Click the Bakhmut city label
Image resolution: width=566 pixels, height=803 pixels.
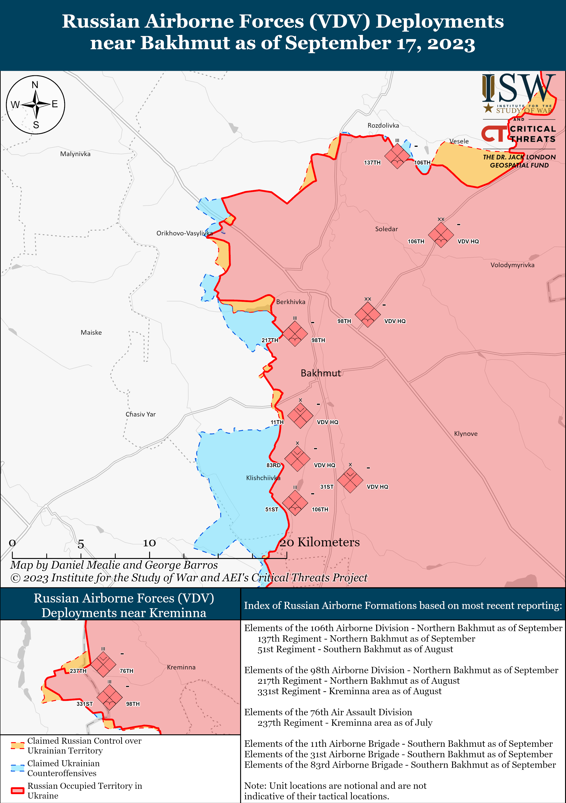[321, 373]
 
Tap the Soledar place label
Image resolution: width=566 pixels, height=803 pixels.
[386, 229]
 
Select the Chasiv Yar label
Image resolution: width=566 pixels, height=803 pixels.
[141, 414]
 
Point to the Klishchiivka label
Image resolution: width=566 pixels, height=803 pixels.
[263, 478]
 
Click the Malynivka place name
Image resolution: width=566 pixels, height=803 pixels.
[75, 154]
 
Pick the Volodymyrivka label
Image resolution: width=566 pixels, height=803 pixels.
[512, 265]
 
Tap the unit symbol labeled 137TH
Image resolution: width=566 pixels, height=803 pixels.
[397, 156]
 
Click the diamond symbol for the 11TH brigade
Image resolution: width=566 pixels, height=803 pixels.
[300, 415]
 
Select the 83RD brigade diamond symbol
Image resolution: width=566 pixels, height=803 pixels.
[297, 459]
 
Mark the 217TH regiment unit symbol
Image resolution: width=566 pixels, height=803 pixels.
[295, 334]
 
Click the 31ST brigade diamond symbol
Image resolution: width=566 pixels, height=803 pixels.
[350, 480]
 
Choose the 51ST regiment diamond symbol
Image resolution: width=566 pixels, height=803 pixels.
[295, 503]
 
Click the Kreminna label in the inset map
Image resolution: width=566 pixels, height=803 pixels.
[181, 667]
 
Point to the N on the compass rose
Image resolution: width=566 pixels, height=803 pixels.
[35, 85]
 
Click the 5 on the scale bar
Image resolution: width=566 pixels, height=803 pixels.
[81, 544]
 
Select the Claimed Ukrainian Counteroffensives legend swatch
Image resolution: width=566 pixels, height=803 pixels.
[17, 768]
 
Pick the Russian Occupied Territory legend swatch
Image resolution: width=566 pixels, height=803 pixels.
[17, 791]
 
